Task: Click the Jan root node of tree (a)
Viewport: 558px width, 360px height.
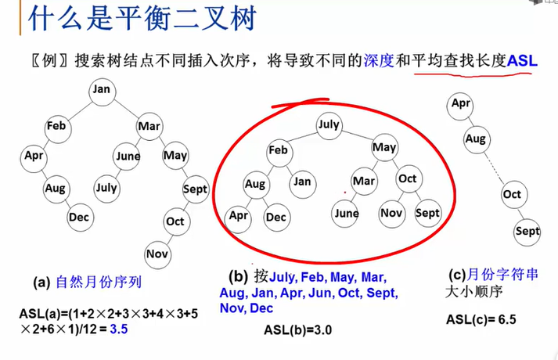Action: pos(102,89)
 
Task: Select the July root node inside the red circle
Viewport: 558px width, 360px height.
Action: pos(329,124)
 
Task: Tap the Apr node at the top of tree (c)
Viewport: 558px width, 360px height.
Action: pos(461,103)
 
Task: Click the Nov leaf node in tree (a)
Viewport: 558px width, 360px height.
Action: pos(157,254)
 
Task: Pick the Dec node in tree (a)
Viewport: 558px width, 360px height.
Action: pos(78,217)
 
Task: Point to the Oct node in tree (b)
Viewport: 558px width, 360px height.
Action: pos(407,179)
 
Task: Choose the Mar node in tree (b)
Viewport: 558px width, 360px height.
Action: pos(364,181)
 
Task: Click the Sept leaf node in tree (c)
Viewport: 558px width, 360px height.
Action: pos(527,232)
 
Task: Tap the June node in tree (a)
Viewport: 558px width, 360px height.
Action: pos(128,156)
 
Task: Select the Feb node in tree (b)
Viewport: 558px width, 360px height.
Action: pos(279,149)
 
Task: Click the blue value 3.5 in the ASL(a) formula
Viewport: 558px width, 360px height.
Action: pos(120,329)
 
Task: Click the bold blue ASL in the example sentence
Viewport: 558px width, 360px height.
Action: pos(522,59)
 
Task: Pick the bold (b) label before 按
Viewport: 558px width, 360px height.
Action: pos(238,276)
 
